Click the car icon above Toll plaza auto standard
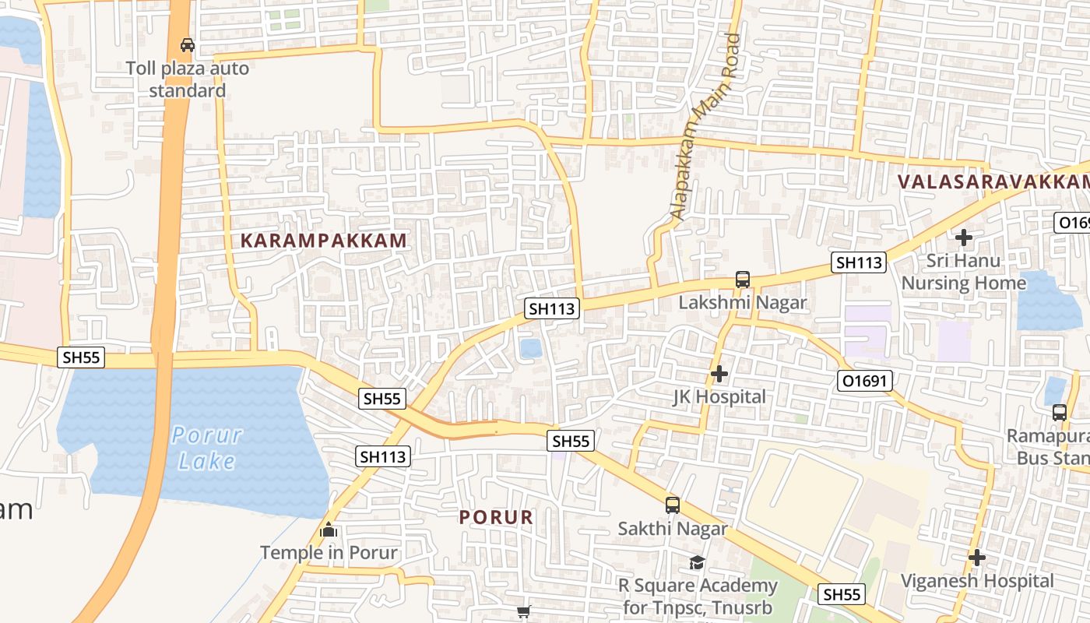(x=187, y=44)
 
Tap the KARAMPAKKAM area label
(x=324, y=241)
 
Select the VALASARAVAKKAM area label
(x=993, y=181)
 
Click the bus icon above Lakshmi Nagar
(x=743, y=280)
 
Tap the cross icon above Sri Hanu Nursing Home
(x=964, y=237)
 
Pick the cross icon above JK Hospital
(x=719, y=374)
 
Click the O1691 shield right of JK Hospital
(x=865, y=381)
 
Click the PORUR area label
(x=496, y=517)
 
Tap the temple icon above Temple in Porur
(x=329, y=530)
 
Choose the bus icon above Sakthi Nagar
(x=673, y=505)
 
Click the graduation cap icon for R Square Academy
(x=697, y=562)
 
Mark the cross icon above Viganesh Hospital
(x=977, y=558)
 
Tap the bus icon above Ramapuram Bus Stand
(x=1060, y=412)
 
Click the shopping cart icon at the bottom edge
(x=524, y=612)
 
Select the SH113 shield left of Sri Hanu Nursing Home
(x=859, y=262)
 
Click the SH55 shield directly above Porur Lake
(x=82, y=357)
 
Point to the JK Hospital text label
(x=719, y=397)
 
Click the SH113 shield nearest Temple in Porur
(x=383, y=456)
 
